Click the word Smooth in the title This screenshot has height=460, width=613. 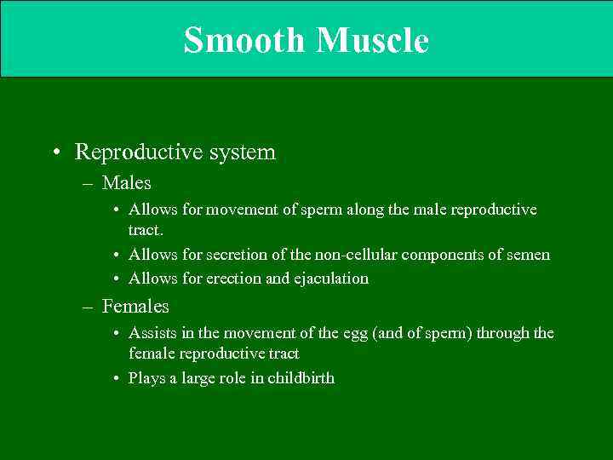point(243,40)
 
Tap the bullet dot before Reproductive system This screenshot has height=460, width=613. point(55,153)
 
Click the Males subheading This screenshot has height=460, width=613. point(126,182)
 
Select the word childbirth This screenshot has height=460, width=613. point(301,378)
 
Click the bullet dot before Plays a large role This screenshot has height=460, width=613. point(115,379)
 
